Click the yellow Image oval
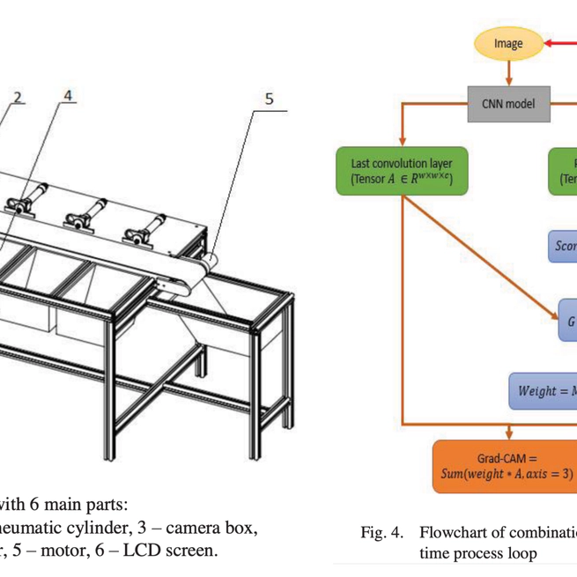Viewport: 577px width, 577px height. point(508,43)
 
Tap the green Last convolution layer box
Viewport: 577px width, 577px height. point(402,171)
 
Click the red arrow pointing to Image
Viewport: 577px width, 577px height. point(559,42)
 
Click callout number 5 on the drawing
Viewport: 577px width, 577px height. point(270,99)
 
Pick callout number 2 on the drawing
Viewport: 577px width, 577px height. point(19,96)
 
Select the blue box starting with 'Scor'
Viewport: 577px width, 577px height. point(564,247)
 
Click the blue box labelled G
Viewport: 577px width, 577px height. point(568,322)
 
